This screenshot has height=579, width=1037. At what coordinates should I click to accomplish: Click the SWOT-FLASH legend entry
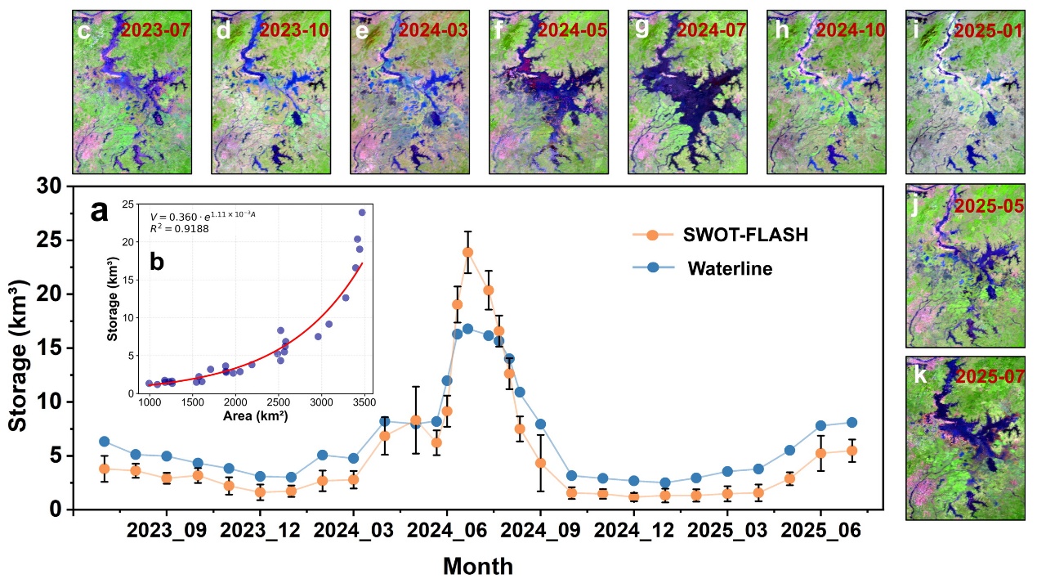(x=721, y=235)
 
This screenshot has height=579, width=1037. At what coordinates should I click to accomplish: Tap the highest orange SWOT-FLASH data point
(x=467, y=252)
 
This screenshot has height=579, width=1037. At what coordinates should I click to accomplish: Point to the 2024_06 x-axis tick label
(x=447, y=530)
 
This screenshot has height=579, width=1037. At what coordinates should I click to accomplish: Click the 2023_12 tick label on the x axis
(x=260, y=530)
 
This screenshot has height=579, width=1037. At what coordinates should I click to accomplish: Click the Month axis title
(x=478, y=566)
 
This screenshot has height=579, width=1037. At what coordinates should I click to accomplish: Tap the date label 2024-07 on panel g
(x=711, y=30)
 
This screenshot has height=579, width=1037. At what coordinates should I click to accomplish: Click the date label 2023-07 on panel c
(x=155, y=30)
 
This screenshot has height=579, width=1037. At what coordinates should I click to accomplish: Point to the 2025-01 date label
(x=989, y=30)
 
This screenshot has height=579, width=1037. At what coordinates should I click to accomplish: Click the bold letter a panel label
(x=99, y=213)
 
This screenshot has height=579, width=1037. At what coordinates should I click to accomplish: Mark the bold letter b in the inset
(x=157, y=263)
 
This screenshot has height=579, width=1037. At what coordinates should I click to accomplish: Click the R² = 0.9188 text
(x=179, y=228)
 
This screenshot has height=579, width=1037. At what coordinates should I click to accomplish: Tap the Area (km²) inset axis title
(x=255, y=416)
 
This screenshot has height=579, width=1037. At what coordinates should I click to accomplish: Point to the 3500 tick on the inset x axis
(x=364, y=402)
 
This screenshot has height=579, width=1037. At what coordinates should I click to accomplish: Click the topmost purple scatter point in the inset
(x=362, y=212)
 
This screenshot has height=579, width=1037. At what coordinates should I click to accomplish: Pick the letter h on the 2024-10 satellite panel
(x=781, y=30)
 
